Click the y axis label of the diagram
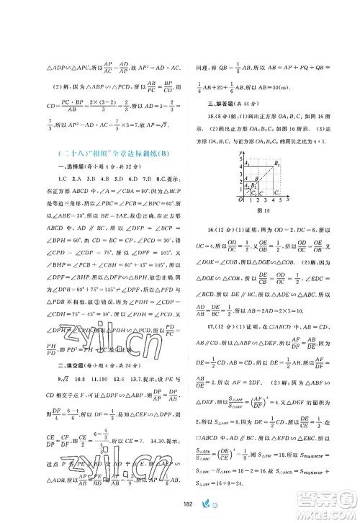click(x=237, y=153)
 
